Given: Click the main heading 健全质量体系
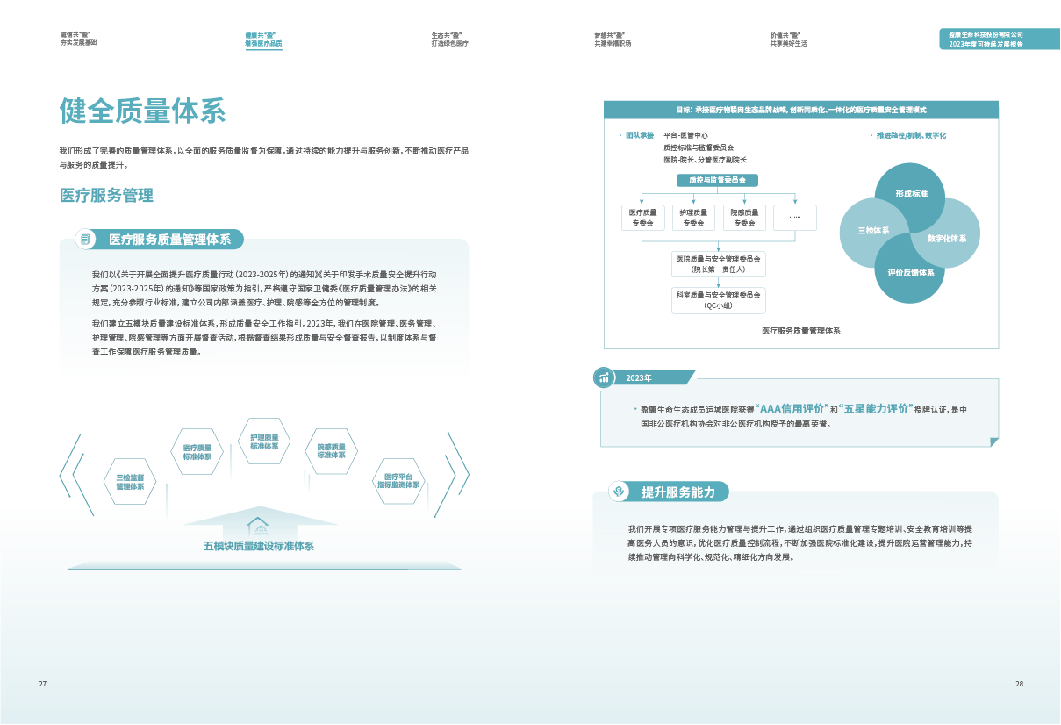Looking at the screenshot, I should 142,111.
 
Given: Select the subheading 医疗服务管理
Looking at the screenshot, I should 106,196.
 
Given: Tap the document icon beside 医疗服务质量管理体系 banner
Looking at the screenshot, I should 85,239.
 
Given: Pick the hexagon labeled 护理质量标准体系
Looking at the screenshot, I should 264,441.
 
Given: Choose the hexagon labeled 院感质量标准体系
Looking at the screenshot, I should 331,451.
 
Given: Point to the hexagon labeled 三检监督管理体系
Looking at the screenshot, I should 130,481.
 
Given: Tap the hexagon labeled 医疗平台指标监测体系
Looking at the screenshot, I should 399,481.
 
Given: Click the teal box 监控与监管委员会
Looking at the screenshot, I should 718,180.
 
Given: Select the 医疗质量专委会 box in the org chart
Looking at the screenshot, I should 643,218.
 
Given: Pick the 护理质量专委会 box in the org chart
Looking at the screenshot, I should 693,218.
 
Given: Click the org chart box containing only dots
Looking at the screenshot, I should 794,217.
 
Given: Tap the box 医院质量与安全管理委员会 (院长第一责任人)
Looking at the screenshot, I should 718,264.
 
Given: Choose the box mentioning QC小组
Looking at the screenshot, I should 718,300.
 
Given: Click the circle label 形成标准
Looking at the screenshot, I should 911,193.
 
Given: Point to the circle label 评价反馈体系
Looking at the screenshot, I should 910,272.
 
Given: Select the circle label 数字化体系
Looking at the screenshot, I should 946,238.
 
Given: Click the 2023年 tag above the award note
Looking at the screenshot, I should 639,377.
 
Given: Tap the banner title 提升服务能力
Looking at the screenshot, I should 678,492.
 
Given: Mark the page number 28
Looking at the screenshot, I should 1019,684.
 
